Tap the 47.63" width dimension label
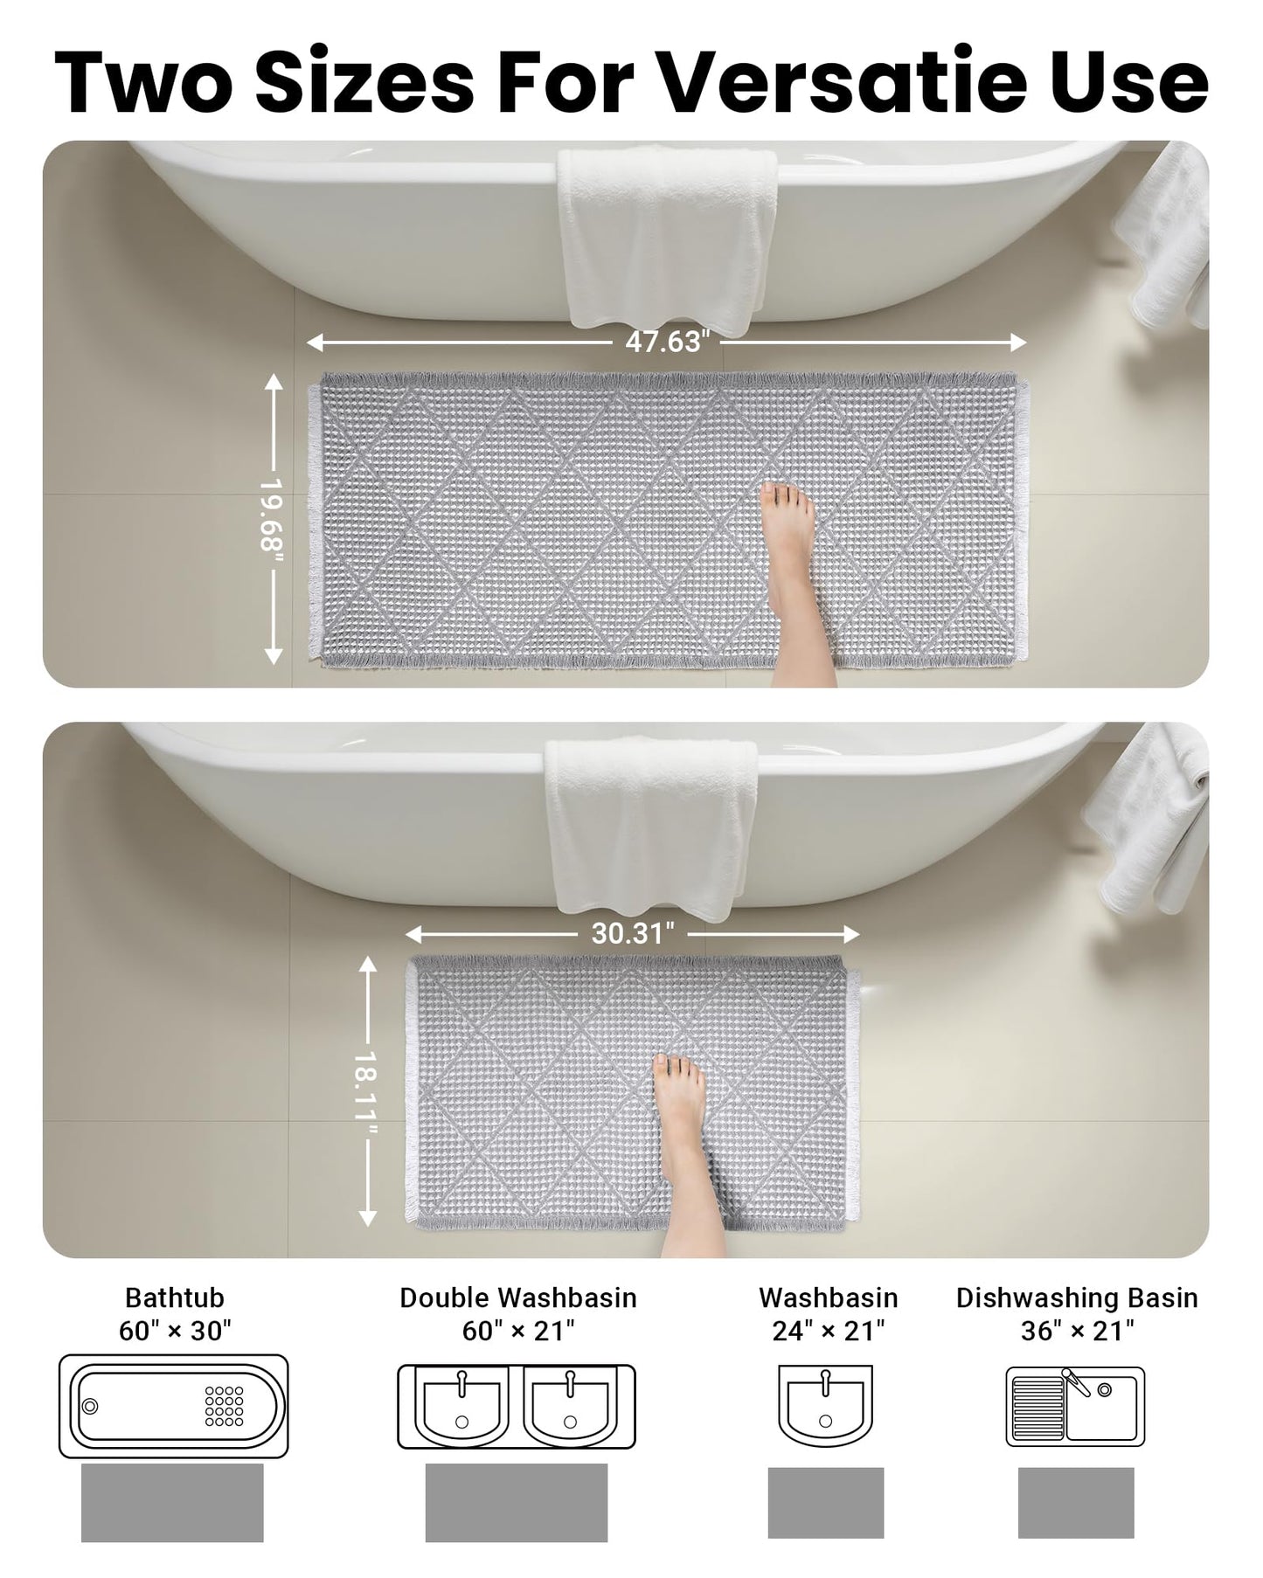(664, 342)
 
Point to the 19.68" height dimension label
(273, 516)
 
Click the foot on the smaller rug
(682, 1136)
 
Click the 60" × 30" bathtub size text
(175, 1331)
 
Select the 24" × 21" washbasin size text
(828, 1331)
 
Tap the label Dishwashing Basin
(1077, 1298)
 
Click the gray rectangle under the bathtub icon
(172, 1502)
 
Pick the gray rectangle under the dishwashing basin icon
(1076, 1503)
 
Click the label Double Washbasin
(517, 1298)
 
